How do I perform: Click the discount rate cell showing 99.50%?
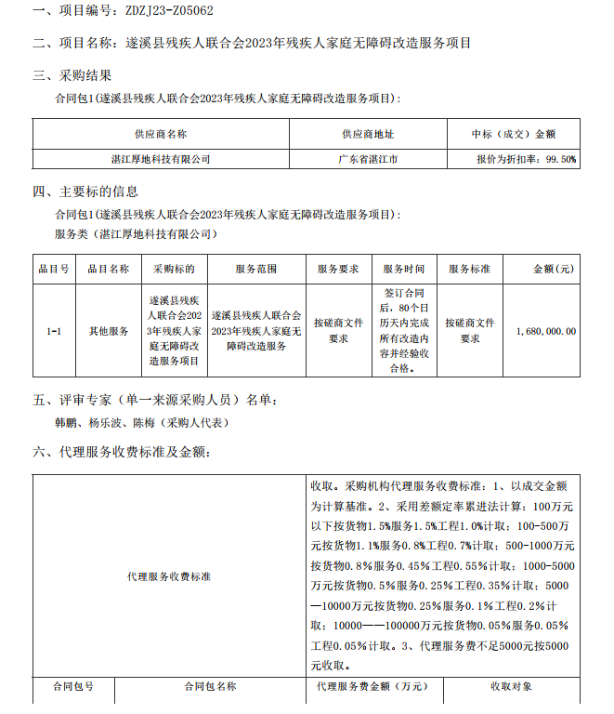pos(526,159)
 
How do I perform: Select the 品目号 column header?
pos(53,270)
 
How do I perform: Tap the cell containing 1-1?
pos(53,330)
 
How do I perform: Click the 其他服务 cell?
pos(108,330)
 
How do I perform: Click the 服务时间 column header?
pos(404,270)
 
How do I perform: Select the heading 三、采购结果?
pos(72,75)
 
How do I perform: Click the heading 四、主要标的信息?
pos(85,192)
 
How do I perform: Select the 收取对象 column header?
pos(511,687)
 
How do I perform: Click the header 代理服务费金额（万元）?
pos(371,687)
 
